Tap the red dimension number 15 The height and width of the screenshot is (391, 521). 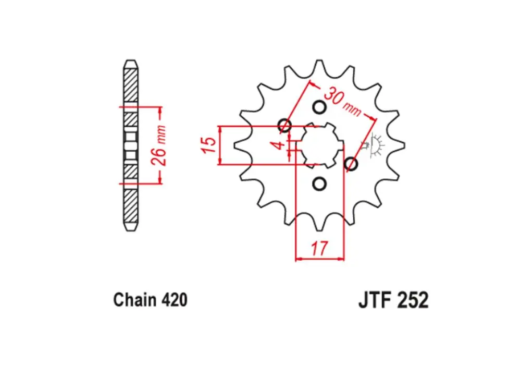coord(207,145)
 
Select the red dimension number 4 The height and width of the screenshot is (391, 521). coord(280,144)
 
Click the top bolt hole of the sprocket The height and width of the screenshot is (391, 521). coord(320,107)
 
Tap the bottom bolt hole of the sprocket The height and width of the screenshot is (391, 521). coord(320,184)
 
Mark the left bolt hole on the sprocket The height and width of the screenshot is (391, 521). coord(284,125)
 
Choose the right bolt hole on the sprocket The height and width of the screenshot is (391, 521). coord(352,165)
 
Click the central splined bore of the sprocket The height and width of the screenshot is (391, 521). coord(320,145)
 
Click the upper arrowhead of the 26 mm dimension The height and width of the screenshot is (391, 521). coord(160,111)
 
